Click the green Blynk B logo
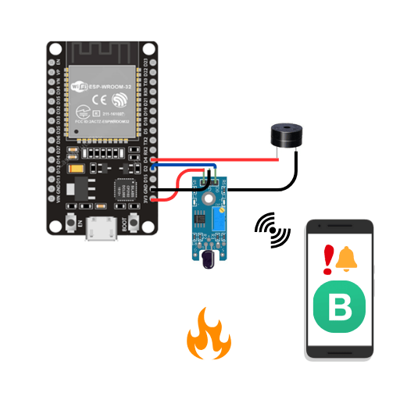tap(339, 309)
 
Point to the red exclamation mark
tap(329, 257)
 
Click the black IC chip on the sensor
tap(200, 221)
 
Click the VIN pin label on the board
tap(56, 199)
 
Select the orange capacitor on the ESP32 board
tap(75, 168)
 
